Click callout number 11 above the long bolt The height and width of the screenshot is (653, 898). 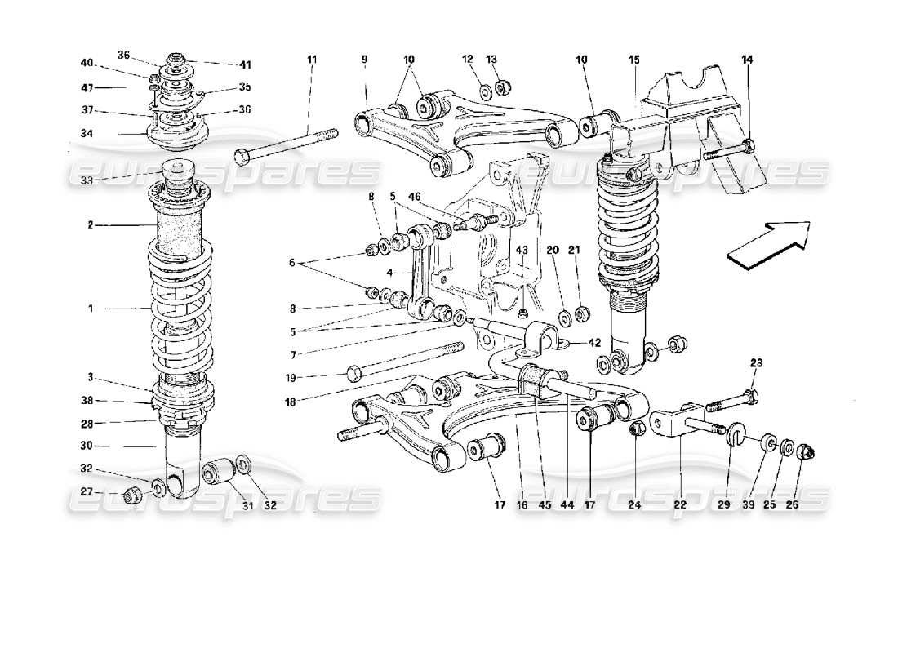pyautogui.click(x=311, y=59)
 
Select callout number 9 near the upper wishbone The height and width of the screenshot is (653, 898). pyautogui.click(x=365, y=59)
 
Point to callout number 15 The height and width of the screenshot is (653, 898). pyautogui.click(x=635, y=59)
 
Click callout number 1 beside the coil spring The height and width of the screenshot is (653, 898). pyautogui.click(x=92, y=309)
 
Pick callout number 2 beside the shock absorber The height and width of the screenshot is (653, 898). pyautogui.click(x=92, y=224)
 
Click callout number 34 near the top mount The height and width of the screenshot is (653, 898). pyautogui.click(x=87, y=134)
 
